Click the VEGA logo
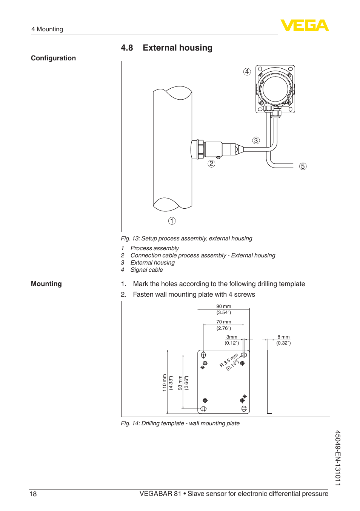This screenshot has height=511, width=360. click(x=305, y=25)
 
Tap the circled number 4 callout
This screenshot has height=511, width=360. click(x=247, y=72)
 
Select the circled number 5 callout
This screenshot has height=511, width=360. click(x=303, y=166)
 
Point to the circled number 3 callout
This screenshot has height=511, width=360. click(x=256, y=141)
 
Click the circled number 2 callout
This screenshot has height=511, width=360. click(x=211, y=163)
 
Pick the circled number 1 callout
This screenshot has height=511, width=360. click(x=172, y=221)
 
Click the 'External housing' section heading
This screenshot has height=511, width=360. click(x=177, y=48)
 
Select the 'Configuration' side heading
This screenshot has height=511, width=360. click(x=53, y=58)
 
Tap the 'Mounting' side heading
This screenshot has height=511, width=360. click(x=46, y=284)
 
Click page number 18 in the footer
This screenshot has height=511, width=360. click(x=33, y=494)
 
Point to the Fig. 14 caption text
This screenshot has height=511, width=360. click(x=180, y=423)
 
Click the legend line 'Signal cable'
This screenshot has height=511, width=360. click(x=146, y=270)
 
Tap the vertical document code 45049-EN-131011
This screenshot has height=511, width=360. click(x=338, y=458)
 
